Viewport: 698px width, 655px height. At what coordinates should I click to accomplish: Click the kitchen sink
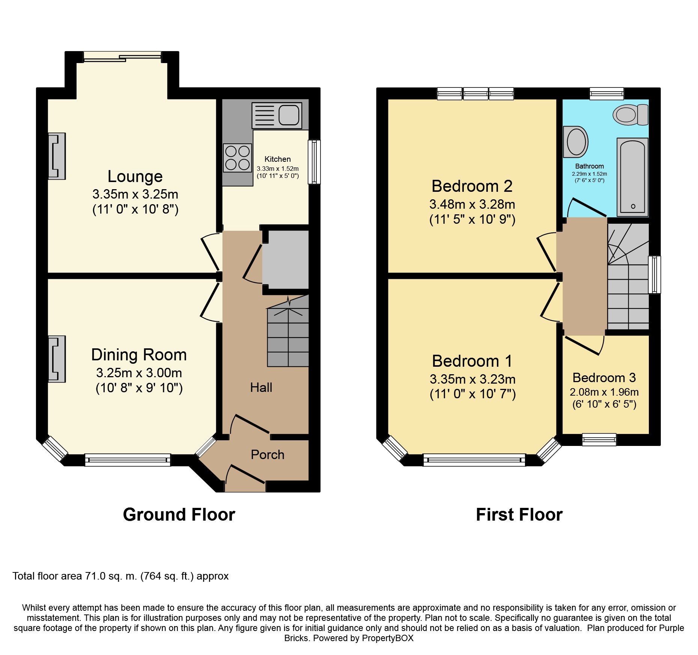[277, 115]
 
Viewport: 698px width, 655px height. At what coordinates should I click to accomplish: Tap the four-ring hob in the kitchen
[238, 158]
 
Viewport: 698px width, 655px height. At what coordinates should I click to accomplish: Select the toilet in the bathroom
[630, 114]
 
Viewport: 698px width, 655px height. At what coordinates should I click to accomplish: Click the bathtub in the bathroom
[633, 177]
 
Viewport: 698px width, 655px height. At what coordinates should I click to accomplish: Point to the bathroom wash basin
[575, 142]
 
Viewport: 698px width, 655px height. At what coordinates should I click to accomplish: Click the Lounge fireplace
[57, 156]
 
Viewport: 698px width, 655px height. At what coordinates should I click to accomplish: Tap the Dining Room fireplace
[57, 359]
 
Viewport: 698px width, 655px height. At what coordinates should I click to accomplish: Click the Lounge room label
[135, 176]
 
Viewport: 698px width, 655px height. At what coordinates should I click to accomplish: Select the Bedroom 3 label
[604, 378]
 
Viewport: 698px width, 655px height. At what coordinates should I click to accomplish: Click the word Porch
[268, 455]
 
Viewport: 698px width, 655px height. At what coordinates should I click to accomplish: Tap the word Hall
[261, 387]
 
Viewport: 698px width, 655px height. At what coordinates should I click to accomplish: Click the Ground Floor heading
[179, 515]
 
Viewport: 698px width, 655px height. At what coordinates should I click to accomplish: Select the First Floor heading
[519, 515]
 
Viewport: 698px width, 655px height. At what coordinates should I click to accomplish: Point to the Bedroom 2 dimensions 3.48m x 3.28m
[472, 204]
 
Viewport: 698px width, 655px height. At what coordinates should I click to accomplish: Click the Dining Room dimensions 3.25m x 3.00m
[139, 373]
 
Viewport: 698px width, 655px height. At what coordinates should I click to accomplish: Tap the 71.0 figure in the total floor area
[95, 576]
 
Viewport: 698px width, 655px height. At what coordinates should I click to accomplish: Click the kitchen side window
[314, 162]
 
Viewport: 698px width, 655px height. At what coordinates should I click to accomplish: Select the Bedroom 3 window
[599, 440]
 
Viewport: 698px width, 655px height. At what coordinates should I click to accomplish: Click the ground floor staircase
[288, 330]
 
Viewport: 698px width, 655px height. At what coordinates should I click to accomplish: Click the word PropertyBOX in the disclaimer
[388, 638]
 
